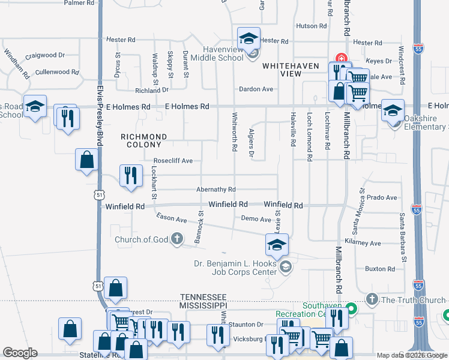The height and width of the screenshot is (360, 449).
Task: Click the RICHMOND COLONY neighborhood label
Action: point(142,140)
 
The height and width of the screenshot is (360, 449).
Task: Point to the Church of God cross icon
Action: point(176,240)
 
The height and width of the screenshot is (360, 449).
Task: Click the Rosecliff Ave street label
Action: point(173,161)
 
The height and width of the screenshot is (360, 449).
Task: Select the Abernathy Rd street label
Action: point(215,189)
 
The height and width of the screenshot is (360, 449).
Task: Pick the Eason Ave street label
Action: point(171,218)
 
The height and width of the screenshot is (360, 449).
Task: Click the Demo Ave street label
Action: point(256,220)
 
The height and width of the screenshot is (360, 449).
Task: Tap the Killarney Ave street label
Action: point(367,243)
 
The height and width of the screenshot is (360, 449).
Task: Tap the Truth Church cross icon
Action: point(372,299)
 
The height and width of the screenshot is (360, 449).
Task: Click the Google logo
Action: point(20,353)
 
